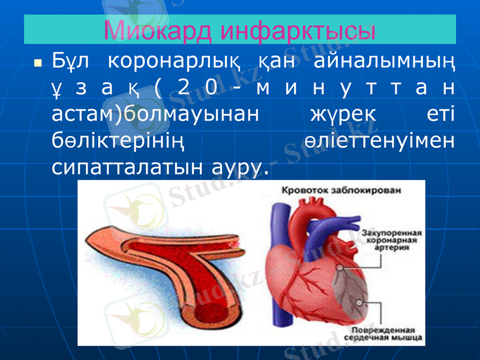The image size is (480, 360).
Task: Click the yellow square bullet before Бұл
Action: (38, 62)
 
